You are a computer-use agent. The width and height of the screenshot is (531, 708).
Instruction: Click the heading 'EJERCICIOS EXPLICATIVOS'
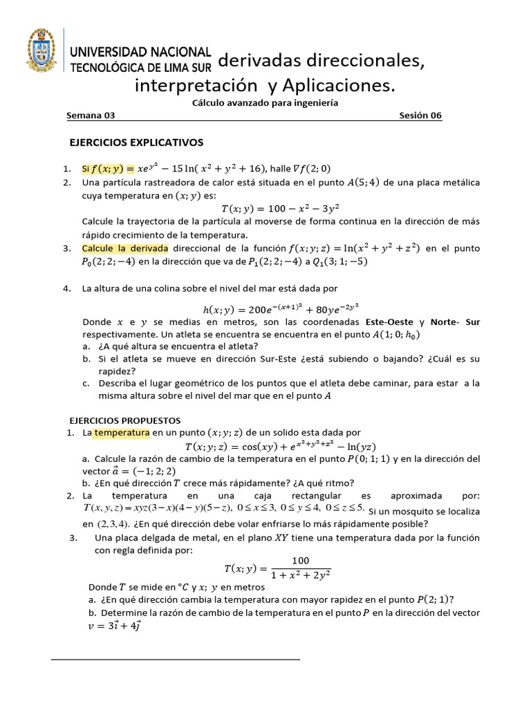pos(137,142)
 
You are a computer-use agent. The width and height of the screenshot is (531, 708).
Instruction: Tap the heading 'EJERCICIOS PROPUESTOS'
pos(126,420)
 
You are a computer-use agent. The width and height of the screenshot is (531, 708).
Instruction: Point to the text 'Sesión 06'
pos(420,116)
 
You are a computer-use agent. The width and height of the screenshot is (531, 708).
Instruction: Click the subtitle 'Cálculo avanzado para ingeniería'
pos(264,102)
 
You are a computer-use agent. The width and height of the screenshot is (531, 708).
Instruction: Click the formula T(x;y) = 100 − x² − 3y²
pos(280,208)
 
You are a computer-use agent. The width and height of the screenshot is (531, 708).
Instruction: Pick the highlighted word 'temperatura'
pos(122,433)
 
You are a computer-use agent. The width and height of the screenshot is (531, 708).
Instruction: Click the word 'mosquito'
pos(412,510)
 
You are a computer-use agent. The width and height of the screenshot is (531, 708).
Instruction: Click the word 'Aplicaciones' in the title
pos(337,85)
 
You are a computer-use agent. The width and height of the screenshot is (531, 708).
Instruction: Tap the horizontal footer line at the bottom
pos(176,660)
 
